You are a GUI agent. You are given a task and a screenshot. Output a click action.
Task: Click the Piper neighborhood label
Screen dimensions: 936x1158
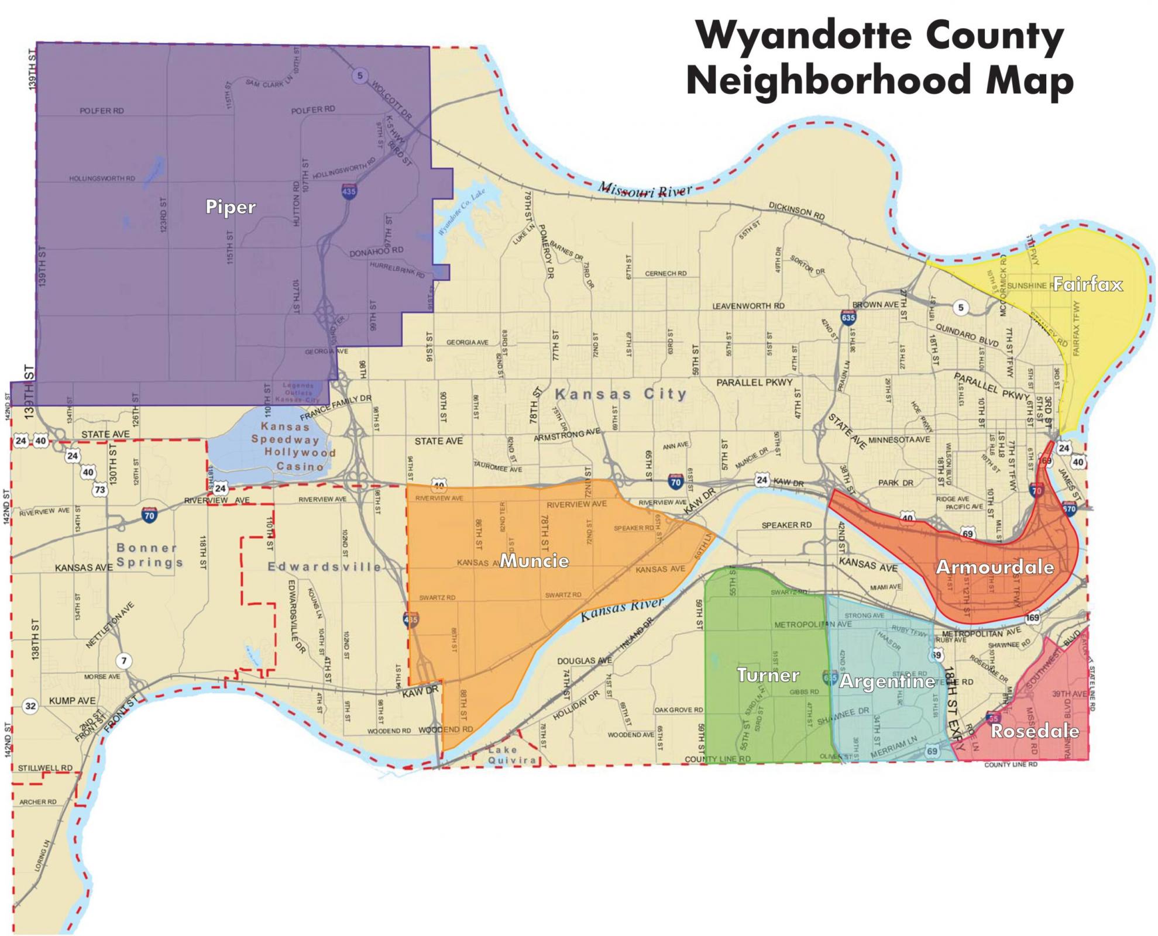[230, 207]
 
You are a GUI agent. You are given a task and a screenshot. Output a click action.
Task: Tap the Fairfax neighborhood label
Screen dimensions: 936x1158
[1087, 285]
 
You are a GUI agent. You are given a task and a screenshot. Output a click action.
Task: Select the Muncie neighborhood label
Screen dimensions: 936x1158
[534, 561]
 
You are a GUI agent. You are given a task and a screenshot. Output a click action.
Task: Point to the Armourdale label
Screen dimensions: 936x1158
[995, 567]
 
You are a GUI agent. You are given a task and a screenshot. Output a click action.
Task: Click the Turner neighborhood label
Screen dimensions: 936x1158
[768, 675]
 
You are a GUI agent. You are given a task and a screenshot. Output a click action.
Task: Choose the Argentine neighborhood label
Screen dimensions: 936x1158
[887, 682]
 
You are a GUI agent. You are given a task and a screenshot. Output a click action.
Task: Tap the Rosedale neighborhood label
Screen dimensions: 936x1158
[1035, 731]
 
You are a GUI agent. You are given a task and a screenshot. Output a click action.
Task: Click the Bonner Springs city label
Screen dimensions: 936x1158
[149, 555]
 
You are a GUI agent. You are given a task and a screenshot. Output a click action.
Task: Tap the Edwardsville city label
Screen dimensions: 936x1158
[324, 567]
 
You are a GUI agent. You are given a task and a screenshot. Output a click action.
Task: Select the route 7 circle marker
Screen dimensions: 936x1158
[123, 662]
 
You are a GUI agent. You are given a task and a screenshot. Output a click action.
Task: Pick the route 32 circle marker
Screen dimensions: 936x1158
[30, 706]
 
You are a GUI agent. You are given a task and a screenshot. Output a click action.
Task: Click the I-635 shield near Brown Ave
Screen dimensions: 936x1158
[848, 316]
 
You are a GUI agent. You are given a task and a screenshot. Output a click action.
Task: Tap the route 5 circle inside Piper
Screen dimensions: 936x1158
[360, 75]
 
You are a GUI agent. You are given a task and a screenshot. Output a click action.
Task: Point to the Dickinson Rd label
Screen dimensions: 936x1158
[796, 212]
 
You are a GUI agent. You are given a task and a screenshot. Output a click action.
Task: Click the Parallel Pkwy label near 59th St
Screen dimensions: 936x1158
[754, 382]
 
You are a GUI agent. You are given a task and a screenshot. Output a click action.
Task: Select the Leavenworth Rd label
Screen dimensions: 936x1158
[748, 306]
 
